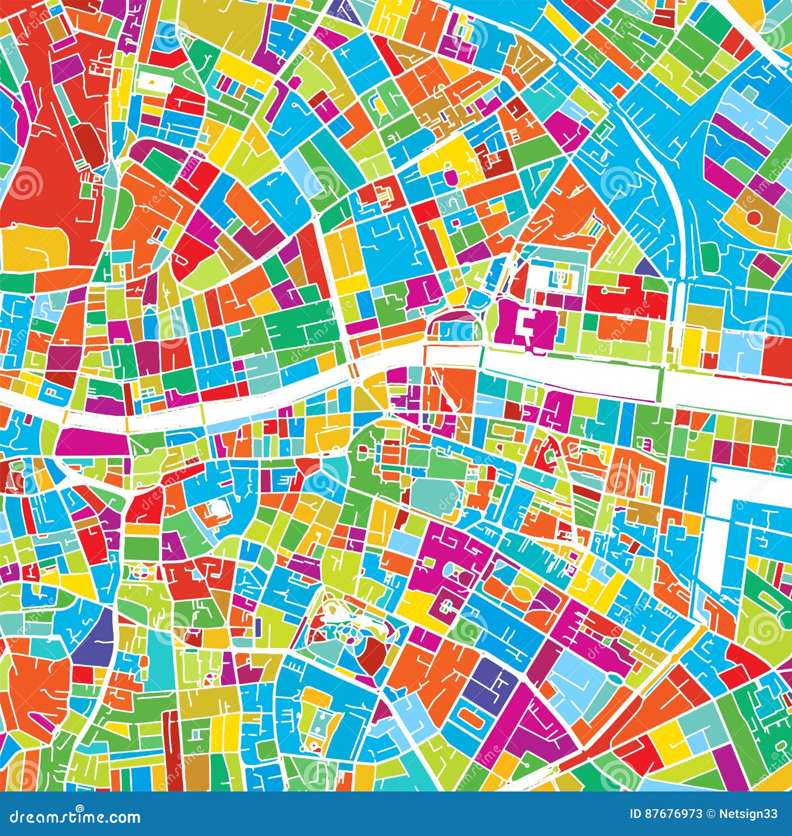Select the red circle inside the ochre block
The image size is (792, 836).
coord(754,217)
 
